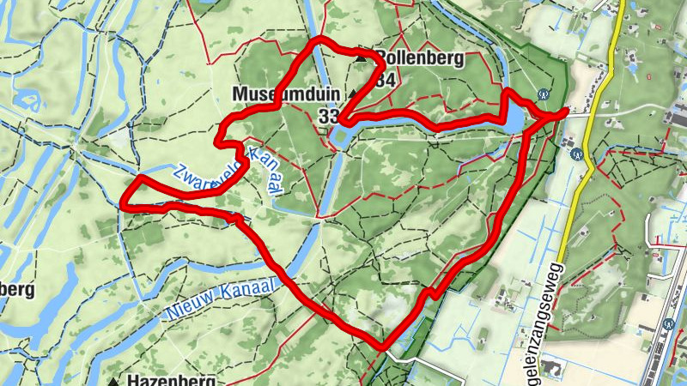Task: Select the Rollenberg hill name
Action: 421,58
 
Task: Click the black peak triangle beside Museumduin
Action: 351,93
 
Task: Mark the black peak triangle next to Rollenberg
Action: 361,58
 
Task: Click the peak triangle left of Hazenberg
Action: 113,379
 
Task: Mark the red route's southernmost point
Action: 382,347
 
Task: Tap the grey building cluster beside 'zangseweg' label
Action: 552,370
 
